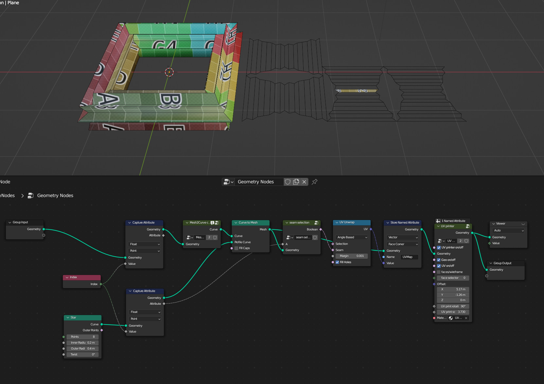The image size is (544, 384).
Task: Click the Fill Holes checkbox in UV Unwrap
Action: pyautogui.click(x=337, y=262)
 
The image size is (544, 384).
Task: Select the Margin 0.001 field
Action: pyautogui.click(x=352, y=256)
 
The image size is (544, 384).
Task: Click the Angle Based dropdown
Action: pyautogui.click(x=352, y=237)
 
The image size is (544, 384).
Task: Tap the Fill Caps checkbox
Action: pyautogui.click(x=237, y=248)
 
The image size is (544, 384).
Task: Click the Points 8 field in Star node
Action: pyautogui.click(x=82, y=337)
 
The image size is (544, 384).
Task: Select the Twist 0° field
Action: pyautogui.click(x=82, y=355)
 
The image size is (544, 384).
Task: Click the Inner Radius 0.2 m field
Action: pyautogui.click(x=82, y=343)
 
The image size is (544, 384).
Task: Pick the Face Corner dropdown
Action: pyautogui.click(x=403, y=244)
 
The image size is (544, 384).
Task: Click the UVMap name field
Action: pyautogui.click(x=409, y=257)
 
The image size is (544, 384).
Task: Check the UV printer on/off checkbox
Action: pyautogui.click(x=439, y=247)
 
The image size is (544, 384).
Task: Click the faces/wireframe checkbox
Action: pyautogui.click(x=439, y=272)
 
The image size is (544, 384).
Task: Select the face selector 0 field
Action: pyautogui.click(x=453, y=278)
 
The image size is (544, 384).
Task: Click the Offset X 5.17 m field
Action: pyautogui.click(x=453, y=289)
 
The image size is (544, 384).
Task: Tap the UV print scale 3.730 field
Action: pyautogui.click(x=453, y=312)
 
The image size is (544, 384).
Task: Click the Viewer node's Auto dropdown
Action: pyautogui.click(x=509, y=230)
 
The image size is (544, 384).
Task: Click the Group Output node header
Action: pyautogui.click(x=505, y=263)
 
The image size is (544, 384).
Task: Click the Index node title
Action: pyautogui.click(x=82, y=277)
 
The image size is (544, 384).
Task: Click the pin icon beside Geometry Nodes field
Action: pyautogui.click(x=315, y=182)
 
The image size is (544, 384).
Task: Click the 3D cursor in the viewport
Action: pyautogui.click(x=169, y=72)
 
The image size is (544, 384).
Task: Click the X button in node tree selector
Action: pyautogui.click(x=304, y=182)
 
